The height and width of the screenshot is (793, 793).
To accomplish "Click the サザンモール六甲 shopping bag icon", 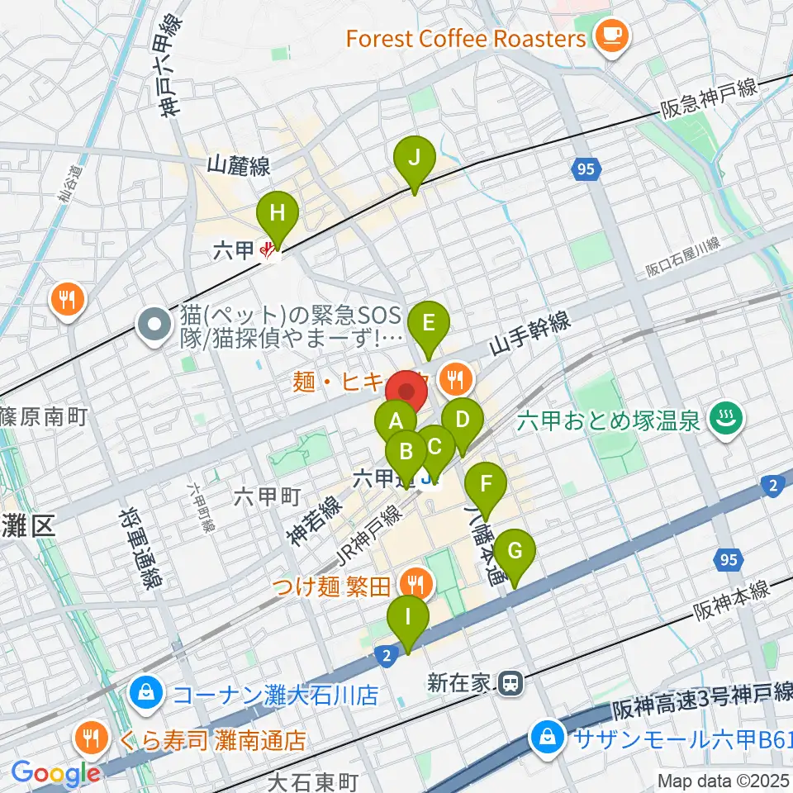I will pos(547,734).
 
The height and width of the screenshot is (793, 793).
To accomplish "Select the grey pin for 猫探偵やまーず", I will pos(154,326).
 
